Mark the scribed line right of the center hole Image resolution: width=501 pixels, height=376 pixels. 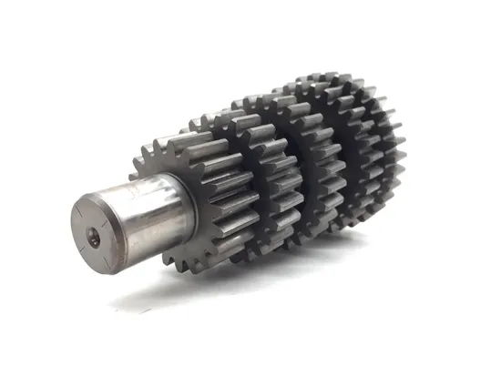click(107, 236)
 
